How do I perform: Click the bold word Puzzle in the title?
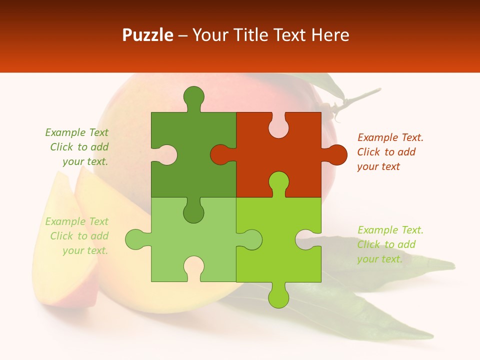[x=148, y=35]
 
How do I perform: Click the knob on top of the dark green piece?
[x=194, y=97]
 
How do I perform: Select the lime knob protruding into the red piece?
[x=278, y=182]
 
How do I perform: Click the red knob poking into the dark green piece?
[x=220, y=154]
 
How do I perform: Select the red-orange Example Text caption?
[x=390, y=152]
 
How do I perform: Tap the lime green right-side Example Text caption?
[x=390, y=244]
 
